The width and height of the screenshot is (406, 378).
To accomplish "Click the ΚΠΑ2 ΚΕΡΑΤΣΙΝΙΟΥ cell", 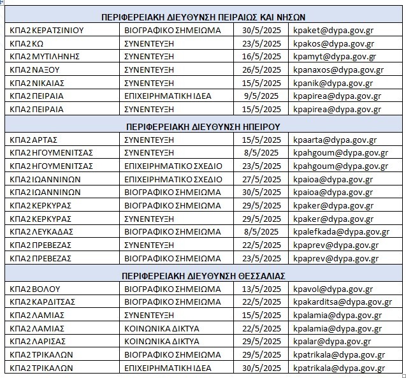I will (x=47, y=30).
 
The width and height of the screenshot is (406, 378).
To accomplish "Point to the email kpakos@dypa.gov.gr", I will (x=333, y=43).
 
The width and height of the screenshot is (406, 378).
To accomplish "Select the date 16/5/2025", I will (x=261, y=56).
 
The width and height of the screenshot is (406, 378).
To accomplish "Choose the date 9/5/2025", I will (x=261, y=96).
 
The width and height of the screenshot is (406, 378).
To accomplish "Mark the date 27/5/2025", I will (x=261, y=179).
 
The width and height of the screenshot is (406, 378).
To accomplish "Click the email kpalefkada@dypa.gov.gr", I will (x=340, y=232).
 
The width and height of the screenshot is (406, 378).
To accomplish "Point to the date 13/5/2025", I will (x=261, y=289).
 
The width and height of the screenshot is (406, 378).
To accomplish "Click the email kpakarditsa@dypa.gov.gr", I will (x=342, y=302).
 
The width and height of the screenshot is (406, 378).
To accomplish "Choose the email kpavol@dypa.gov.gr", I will (x=333, y=289).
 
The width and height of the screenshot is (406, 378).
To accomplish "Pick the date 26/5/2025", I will (x=261, y=69).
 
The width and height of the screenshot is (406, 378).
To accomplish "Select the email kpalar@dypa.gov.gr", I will (x=331, y=342).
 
